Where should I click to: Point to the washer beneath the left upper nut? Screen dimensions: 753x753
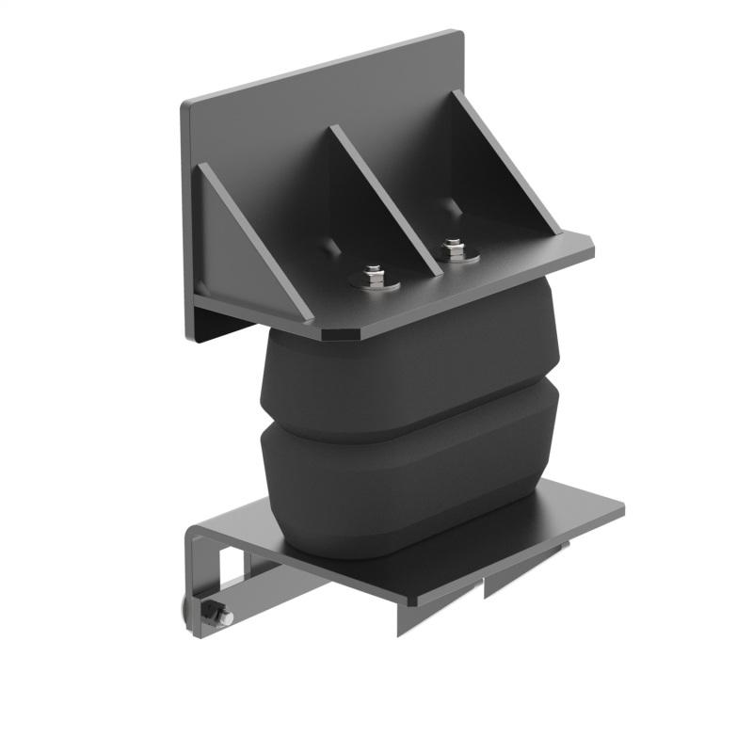[375, 282]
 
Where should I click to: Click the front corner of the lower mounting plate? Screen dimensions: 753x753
[407, 598]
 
